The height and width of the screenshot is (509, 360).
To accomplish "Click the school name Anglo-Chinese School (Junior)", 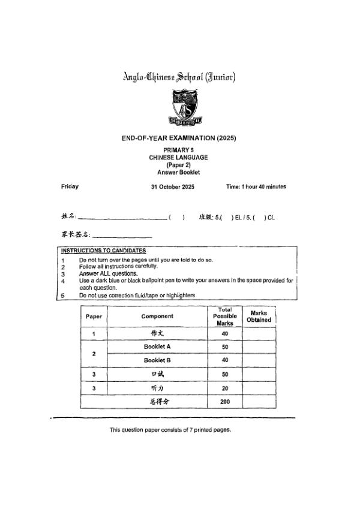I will coord(179,77).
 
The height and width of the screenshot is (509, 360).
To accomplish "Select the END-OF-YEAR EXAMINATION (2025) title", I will coord(179,138).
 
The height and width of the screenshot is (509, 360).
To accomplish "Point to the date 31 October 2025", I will coord(173,186).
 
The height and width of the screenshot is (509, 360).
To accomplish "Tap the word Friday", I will coord(70,186).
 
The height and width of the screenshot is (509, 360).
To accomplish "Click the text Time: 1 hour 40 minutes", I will coord(256,186).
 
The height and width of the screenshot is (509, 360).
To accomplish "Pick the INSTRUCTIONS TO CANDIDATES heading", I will coord(103,250).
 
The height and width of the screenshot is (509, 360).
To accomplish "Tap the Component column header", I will coord(157,316).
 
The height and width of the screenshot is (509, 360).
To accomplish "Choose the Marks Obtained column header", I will coord(259,316).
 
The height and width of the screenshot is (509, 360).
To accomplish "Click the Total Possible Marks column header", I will coord(225,316).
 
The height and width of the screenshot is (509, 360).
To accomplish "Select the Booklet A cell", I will coord(157,347).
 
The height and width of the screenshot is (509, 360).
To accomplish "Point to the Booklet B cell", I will coord(157,360).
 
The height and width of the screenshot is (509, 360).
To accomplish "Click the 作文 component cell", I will coord(157,333).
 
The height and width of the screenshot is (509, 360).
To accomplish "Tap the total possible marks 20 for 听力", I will coord(225,388).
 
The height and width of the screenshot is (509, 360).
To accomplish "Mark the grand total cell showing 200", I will coord(225,402).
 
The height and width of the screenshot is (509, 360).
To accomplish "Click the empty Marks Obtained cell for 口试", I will coord(259,374).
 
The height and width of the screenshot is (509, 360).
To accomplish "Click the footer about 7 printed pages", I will coord(170,430).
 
